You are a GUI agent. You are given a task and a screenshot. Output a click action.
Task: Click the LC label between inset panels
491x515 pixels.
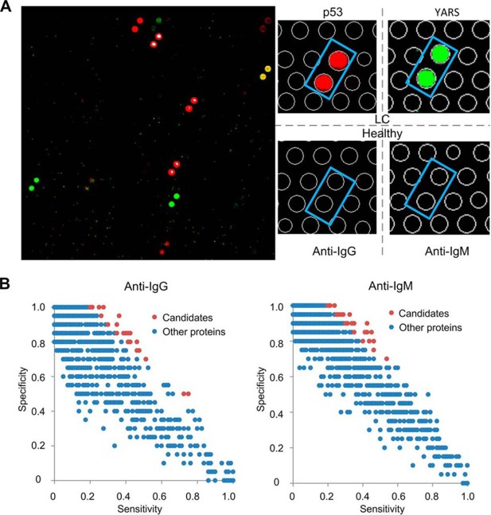pyautogui.click(x=382, y=119)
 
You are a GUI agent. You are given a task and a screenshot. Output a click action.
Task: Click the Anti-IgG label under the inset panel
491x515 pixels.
pyautogui.click(x=326, y=252)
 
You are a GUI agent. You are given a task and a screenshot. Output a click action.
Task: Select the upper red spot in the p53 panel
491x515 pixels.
pyautogui.click(x=338, y=61)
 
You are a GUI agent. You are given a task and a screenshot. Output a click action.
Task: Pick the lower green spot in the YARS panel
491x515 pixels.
pyautogui.click(x=425, y=78)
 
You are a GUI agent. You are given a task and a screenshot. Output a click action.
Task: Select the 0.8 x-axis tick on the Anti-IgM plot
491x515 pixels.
pyautogui.click(x=433, y=495)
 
